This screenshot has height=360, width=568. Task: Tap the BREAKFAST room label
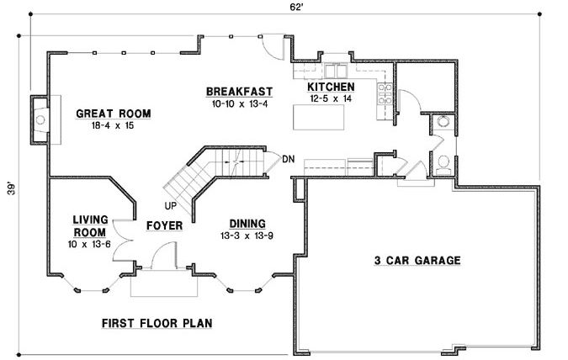237,91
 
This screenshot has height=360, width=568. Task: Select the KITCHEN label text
331,87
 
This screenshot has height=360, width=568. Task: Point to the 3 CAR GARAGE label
417,261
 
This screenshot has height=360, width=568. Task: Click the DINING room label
247,223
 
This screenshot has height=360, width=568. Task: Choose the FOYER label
164,225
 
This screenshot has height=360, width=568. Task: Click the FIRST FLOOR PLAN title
157,322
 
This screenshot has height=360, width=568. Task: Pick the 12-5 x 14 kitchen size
330,98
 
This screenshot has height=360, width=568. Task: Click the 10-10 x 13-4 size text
237,103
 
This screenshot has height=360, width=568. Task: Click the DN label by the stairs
288,159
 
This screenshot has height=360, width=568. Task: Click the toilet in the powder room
443,162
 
